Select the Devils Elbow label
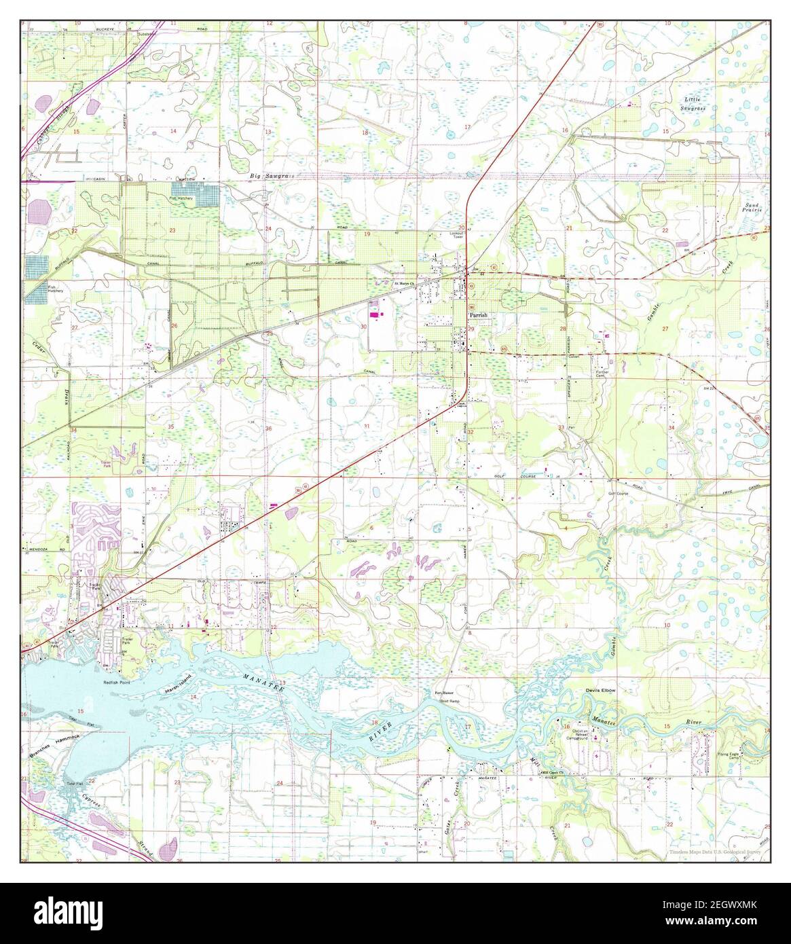[600, 690]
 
